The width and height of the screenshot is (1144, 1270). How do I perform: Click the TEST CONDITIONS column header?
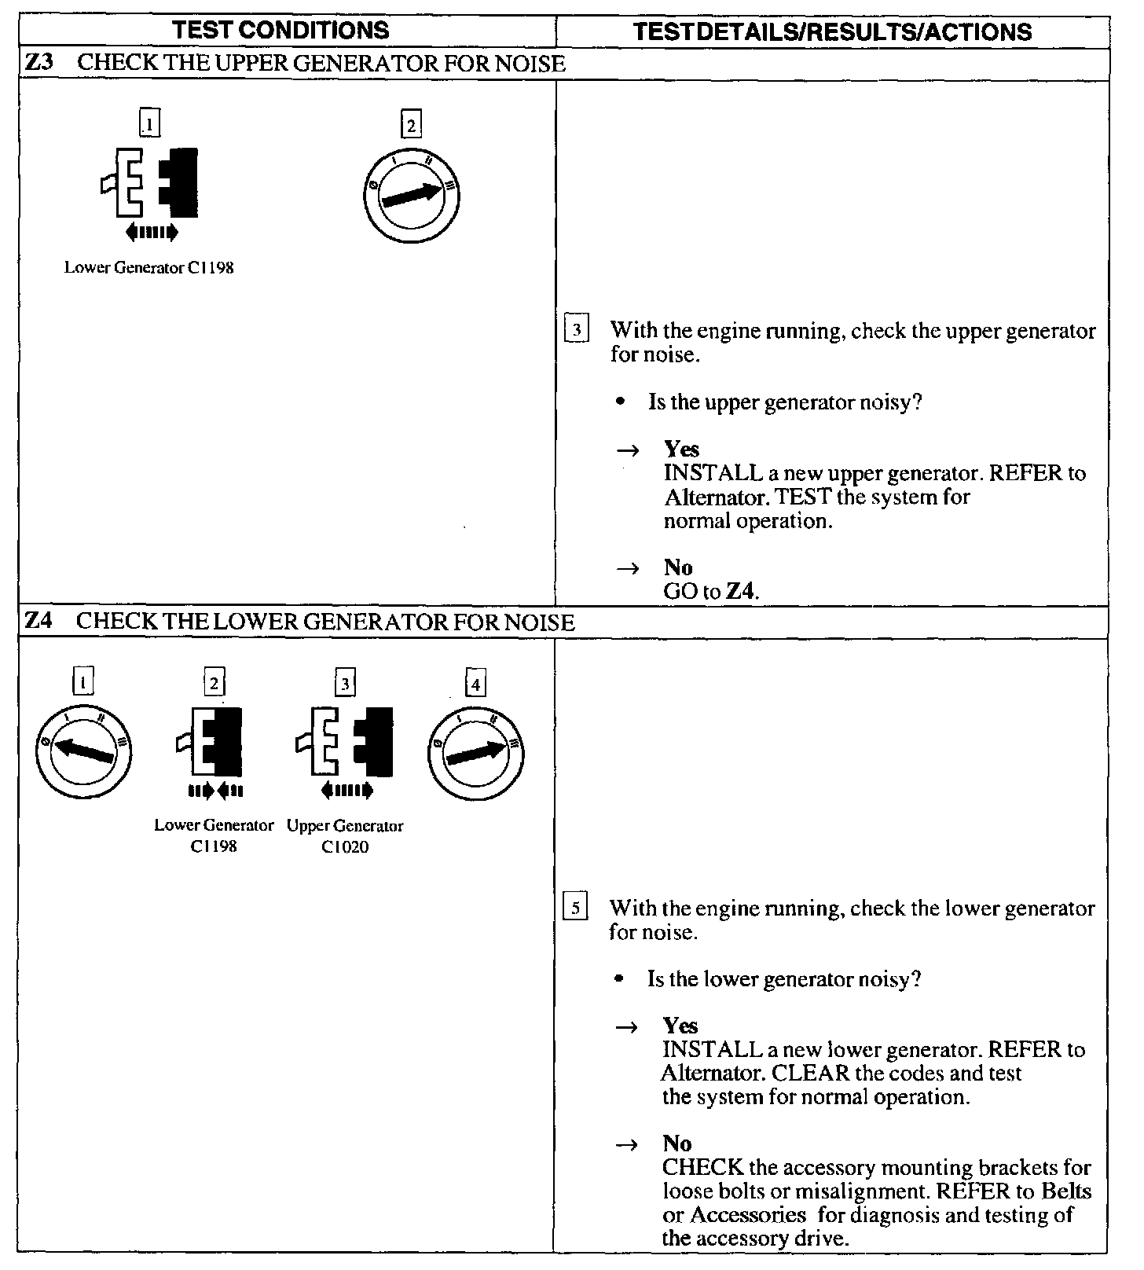280,31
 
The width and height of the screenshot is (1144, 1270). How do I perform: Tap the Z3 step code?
39,64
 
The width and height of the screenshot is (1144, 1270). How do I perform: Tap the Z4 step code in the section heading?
39,622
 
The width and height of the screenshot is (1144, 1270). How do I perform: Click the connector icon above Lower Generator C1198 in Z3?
150,184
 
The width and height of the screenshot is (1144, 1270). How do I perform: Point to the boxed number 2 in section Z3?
411,125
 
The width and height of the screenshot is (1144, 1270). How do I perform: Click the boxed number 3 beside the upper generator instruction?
577,330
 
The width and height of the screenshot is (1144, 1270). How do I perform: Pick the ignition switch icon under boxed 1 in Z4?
84,752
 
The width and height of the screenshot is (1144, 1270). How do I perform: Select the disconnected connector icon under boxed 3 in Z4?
344,743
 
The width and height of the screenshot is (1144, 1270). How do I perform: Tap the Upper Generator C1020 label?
345,836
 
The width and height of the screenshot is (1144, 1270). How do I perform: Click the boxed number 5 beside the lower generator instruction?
576,908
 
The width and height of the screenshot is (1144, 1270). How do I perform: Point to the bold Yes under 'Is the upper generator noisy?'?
681,450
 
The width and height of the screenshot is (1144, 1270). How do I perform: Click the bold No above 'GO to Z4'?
678,567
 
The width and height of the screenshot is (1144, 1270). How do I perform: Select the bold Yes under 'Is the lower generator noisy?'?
680,1026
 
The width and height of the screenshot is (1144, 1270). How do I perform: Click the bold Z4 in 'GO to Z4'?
742,592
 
